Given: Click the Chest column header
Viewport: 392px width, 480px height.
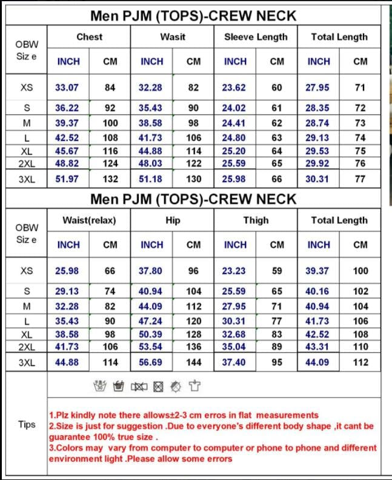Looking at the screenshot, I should [x=89, y=37].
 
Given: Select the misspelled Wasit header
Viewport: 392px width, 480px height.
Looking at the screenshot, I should [x=173, y=37].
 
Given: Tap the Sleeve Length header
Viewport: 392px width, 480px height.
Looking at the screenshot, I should [x=256, y=37].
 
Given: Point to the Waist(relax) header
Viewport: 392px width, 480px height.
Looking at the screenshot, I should [x=89, y=220].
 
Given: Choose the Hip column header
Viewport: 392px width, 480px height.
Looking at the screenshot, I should [x=173, y=220].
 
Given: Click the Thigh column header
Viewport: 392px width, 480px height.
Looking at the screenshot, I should [x=256, y=220].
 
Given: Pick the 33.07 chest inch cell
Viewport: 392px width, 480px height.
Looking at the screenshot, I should [x=67, y=87].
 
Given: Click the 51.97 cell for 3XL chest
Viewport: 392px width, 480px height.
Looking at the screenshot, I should [x=67, y=179].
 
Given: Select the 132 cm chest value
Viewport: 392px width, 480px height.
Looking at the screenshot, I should [x=110, y=179].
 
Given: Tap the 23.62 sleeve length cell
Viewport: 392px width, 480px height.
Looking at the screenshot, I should [x=234, y=87].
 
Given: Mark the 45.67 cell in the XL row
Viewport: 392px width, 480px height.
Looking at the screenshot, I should [x=67, y=151].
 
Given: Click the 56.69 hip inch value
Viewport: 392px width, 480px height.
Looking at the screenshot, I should [x=151, y=362].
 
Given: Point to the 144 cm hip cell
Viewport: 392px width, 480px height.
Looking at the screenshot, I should [x=193, y=362].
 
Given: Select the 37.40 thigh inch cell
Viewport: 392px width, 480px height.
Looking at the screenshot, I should [x=234, y=362].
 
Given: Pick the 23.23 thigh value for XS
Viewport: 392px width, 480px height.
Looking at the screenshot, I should [x=234, y=271].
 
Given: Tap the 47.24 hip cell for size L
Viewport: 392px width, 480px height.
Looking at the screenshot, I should [x=151, y=321].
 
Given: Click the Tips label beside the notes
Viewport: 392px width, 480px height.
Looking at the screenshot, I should [x=27, y=424].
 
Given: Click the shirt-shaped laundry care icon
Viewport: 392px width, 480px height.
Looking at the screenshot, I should [x=194, y=385].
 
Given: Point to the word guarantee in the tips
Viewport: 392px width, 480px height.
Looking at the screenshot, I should [x=70, y=437].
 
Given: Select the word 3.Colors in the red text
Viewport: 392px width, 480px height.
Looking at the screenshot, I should [x=68, y=448].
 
